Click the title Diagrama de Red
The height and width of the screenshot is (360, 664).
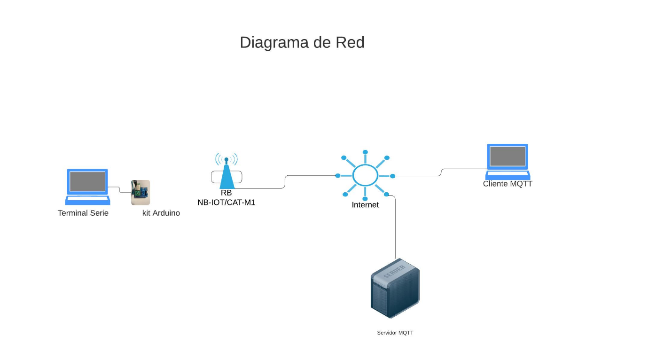[x=302, y=42]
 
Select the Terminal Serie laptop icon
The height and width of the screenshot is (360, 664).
[x=87, y=187]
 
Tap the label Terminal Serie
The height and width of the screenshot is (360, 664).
[x=83, y=213]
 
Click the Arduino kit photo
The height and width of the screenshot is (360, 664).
[x=140, y=193]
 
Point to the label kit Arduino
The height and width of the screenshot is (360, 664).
[x=161, y=213]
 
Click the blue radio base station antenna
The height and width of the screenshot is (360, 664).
[x=227, y=174]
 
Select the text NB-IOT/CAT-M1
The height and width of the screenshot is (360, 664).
[x=227, y=203]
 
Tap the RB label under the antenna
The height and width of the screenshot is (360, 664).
[x=227, y=193]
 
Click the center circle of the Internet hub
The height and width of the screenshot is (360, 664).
[x=365, y=175]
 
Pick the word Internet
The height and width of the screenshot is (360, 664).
[x=365, y=205]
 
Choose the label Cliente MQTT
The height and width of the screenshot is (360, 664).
[x=508, y=184]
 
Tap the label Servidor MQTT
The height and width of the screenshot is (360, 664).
[x=395, y=333]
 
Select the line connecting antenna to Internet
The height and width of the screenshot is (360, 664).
[x=285, y=181]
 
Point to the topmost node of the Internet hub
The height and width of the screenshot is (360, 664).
[x=365, y=152]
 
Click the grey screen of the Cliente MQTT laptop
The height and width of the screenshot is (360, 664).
[x=508, y=156]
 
